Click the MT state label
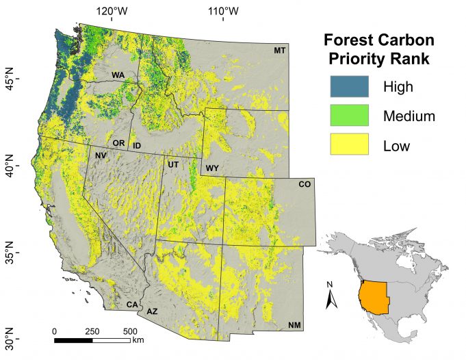pyautogui.click(x=279, y=50)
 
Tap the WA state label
pyautogui.click(x=118, y=75)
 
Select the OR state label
pyautogui.click(x=118, y=143)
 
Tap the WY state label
pyautogui.click(x=211, y=167)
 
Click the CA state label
pyautogui.click(x=131, y=304)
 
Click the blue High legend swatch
pyautogui.click(x=349, y=86)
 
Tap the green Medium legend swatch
pyautogui.click(x=349, y=115)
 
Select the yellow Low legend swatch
pyautogui.click(x=349, y=144)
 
